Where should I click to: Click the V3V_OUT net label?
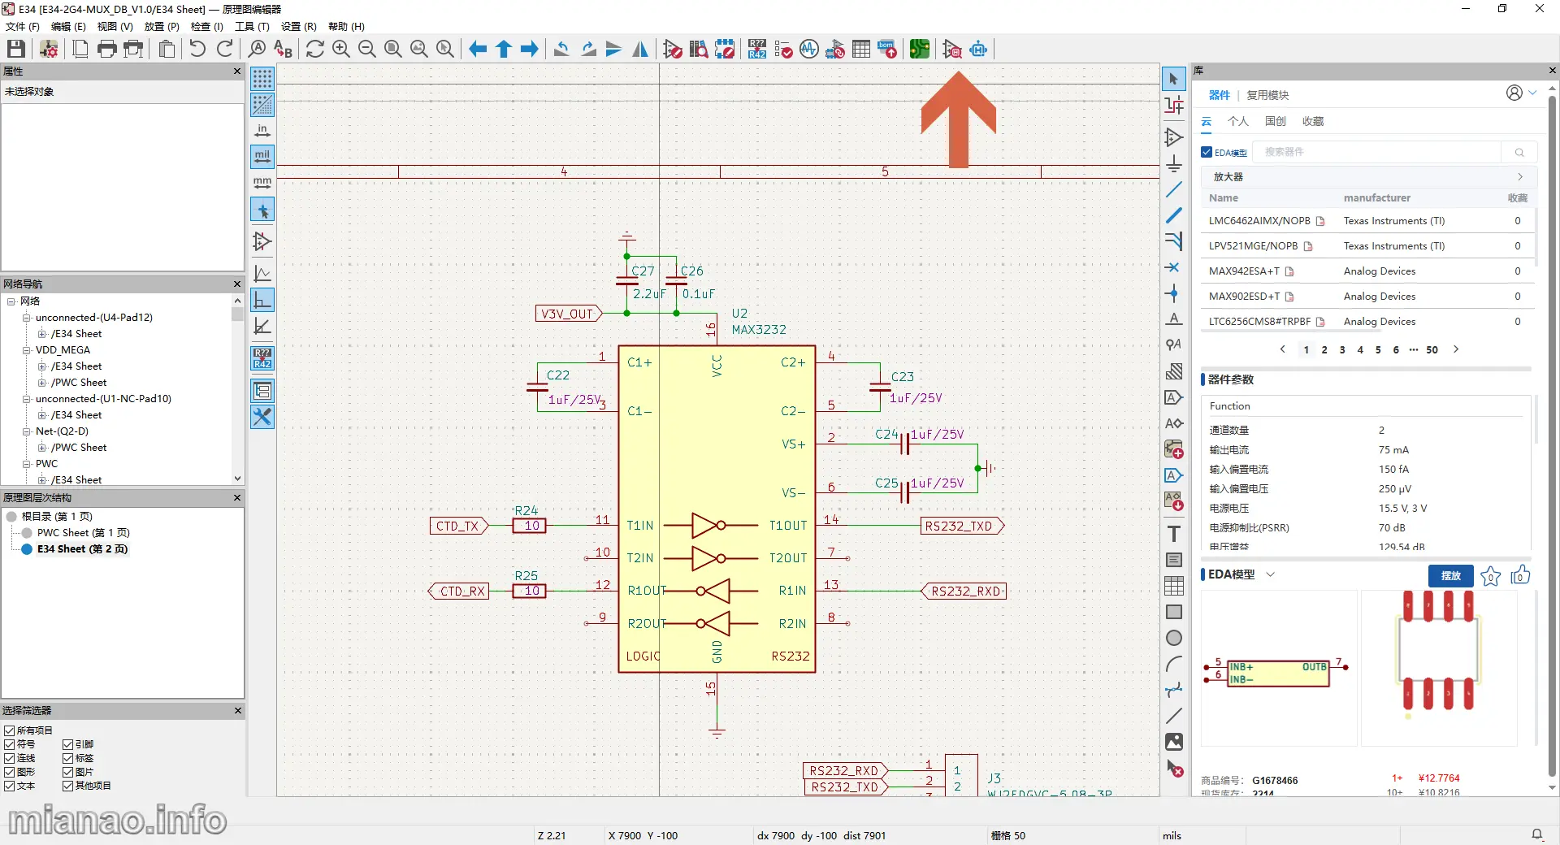pyautogui.click(x=567, y=314)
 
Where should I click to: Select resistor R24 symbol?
pyautogui.click(x=530, y=526)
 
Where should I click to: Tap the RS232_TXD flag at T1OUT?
pyautogui.click(x=960, y=526)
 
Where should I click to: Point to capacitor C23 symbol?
pyautogui.click(x=880, y=387)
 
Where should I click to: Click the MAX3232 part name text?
pyautogui.click(x=758, y=329)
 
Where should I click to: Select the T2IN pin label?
pyautogui.click(x=639, y=558)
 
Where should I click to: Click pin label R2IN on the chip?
pyautogui.click(x=792, y=623)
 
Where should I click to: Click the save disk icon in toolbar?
pyautogui.click(x=16, y=50)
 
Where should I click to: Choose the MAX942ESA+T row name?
pyautogui.click(x=1244, y=271)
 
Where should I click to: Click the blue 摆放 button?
pyautogui.click(x=1450, y=575)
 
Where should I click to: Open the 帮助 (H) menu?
pyautogui.click(x=346, y=27)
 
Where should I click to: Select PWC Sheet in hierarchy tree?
pyautogui.click(x=83, y=533)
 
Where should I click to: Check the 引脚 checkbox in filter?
pyautogui.click(x=68, y=744)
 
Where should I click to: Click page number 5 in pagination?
pyautogui.click(x=1378, y=350)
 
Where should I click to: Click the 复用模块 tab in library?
pyautogui.click(x=1267, y=95)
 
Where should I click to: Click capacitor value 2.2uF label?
pyautogui.click(x=648, y=294)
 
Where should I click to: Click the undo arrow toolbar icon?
pyautogui.click(x=197, y=50)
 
